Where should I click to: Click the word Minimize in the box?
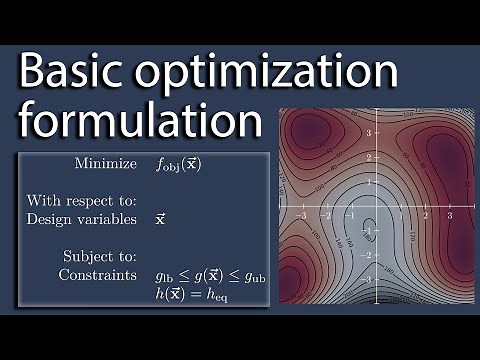[107, 163]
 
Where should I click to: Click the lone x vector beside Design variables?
[161, 217]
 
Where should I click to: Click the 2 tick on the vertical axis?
[368, 157]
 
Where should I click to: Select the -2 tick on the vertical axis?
[366, 255]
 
